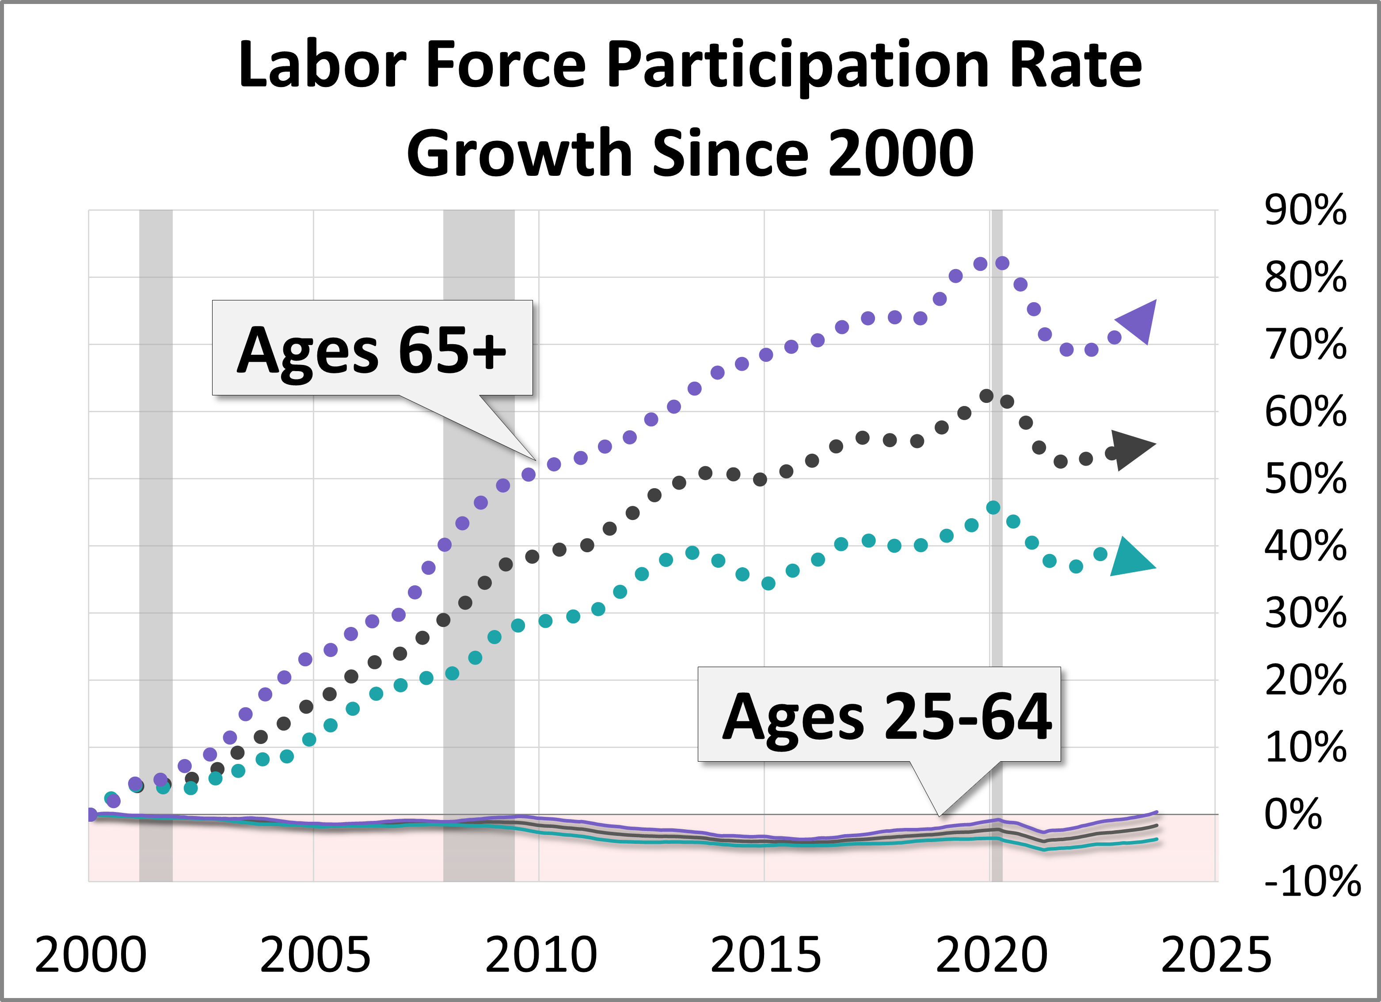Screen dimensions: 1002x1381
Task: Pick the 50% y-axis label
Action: [1305, 478]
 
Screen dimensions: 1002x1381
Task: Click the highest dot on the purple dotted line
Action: [1002, 263]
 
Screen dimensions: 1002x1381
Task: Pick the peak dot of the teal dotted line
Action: [993, 508]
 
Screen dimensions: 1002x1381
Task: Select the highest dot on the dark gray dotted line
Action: [986, 396]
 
